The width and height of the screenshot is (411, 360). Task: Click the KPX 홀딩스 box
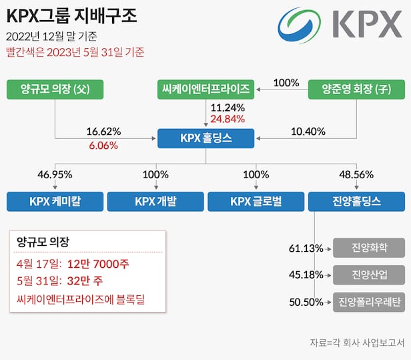[205, 138]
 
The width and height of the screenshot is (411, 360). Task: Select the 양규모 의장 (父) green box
[55, 89]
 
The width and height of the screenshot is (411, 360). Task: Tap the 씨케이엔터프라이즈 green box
[205, 89]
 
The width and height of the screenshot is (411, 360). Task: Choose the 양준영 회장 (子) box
[356, 89]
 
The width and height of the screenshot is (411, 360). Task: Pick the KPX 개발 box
[155, 201]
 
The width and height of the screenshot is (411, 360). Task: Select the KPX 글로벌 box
[256, 201]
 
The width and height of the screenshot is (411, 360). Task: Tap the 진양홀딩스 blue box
[356, 201]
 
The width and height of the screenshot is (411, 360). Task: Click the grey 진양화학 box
[369, 248]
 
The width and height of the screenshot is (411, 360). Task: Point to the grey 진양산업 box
[369, 275]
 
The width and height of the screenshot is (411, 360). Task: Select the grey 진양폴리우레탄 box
[369, 301]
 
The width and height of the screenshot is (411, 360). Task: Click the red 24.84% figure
[228, 119]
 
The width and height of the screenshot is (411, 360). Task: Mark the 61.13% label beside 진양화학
[306, 248]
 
